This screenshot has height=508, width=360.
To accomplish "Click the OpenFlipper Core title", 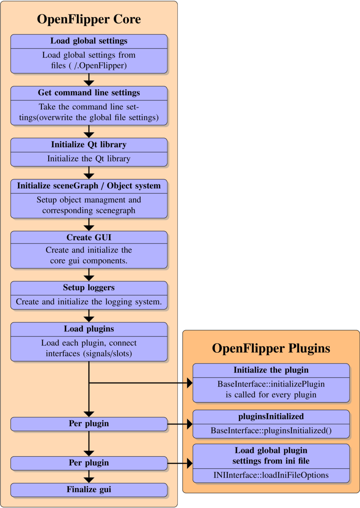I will [x=89, y=19].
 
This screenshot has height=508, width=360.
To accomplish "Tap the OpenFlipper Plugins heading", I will [x=271, y=348].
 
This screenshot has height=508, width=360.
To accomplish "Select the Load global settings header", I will [x=89, y=41].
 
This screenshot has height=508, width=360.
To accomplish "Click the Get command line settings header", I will [x=89, y=93].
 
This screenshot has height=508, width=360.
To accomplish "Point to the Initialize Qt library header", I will [x=89, y=145].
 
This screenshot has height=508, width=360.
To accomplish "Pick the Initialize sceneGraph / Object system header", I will [x=89, y=186].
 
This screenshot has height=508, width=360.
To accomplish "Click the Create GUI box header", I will [x=89, y=238].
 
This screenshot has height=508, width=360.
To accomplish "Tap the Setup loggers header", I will [x=89, y=288].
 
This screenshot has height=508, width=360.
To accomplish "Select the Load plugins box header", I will [x=89, y=329].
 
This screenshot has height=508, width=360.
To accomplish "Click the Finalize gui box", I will [x=89, y=490].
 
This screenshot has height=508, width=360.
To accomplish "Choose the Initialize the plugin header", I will [x=271, y=370].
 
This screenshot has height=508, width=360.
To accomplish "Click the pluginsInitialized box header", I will [x=271, y=417].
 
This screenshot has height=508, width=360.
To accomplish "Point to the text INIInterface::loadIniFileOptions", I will [x=271, y=475].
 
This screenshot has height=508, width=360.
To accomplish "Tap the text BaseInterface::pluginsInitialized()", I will [x=271, y=431].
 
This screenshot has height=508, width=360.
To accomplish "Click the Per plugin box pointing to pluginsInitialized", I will [x=89, y=424].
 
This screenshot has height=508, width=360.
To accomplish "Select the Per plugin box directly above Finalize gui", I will [x=89, y=463].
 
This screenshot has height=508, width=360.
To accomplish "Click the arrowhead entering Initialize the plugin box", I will [x=189, y=383].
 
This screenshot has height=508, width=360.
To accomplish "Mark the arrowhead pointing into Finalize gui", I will [x=89, y=480].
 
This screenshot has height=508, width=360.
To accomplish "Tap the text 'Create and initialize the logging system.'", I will [x=89, y=302].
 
